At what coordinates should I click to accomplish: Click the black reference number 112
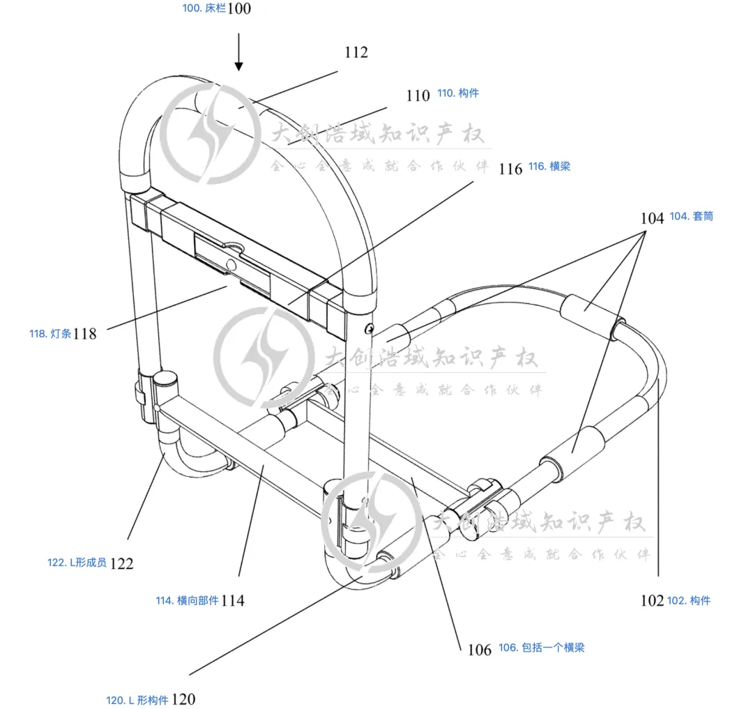(x=356, y=52)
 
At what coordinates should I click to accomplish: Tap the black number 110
(x=418, y=96)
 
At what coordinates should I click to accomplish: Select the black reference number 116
(x=511, y=169)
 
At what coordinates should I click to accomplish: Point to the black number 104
(x=653, y=218)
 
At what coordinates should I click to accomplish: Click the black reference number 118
(x=85, y=334)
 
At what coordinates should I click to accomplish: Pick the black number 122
(x=121, y=563)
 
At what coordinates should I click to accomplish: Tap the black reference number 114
(x=233, y=600)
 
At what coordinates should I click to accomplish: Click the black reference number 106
(x=480, y=650)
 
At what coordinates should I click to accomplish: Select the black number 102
(x=652, y=601)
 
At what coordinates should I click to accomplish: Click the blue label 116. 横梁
(x=549, y=167)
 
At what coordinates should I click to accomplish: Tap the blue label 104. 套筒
(x=691, y=216)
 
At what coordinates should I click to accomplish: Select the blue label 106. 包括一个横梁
(x=541, y=648)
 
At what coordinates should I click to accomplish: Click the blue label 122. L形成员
(x=77, y=563)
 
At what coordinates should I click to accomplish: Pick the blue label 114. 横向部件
(x=187, y=600)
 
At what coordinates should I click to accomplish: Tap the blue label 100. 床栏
(x=204, y=10)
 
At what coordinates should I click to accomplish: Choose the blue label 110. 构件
(x=458, y=93)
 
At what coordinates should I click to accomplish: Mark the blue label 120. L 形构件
(x=137, y=700)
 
